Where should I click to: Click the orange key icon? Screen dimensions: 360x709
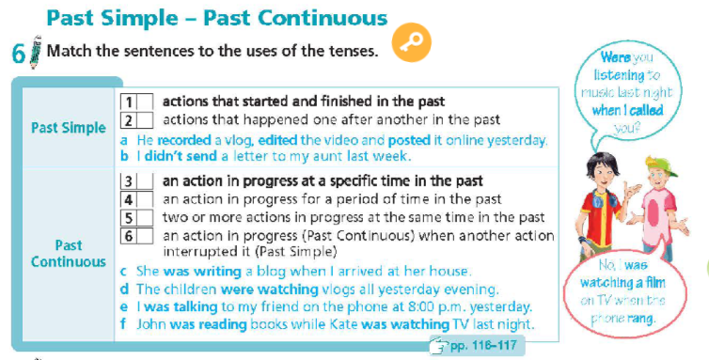411,44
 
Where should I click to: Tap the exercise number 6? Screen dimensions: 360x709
18,54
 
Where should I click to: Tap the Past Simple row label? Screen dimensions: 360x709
69,127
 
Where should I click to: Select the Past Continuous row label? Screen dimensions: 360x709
68,253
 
